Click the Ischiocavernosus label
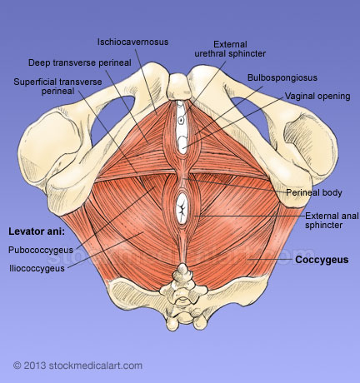click(132, 42)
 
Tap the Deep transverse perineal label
click(80, 62)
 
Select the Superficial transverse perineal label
click(57, 87)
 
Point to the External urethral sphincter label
click(230, 49)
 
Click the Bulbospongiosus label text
click(282, 77)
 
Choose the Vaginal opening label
click(317, 97)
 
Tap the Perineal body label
click(314, 192)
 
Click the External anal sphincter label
click(332, 221)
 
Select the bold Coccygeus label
click(322, 260)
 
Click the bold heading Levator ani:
click(37, 231)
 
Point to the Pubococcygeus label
click(41, 250)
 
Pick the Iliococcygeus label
click(37, 268)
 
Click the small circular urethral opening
click(181, 120)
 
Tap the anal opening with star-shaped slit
click(182, 209)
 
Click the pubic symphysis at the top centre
click(180, 87)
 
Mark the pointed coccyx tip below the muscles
click(182, 267)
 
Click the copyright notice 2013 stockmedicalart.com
click(77, 366)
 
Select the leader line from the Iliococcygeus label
click(105, 251)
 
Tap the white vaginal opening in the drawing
click(182, 145)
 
